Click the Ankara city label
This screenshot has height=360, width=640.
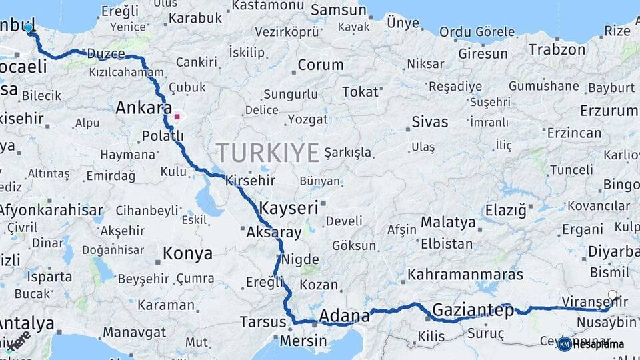(143, 107)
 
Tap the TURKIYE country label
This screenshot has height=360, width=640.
(267, 153)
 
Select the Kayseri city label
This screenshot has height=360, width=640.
(289, 207)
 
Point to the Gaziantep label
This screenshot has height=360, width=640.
(473, 310)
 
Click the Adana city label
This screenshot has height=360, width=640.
(344, 315)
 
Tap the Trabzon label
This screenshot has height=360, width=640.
(557, 49)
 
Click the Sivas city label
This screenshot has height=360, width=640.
(430, 122)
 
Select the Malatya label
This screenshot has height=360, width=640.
(448, 223)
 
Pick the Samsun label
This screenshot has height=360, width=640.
(339, 10)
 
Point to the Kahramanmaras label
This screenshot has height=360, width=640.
(465, 274)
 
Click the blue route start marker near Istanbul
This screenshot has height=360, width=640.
(29, 27)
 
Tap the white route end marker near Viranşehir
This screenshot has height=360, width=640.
(613, 295)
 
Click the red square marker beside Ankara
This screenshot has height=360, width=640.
(177, 117)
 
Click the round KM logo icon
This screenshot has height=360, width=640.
(565, 344)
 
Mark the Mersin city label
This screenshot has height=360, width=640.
(304, 341)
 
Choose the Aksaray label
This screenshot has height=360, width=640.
(274, 232)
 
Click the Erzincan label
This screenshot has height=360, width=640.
(574, 133)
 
